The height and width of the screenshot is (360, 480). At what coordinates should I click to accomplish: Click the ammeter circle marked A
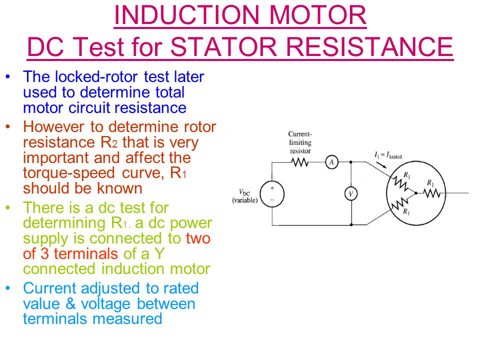[x=331, y=162]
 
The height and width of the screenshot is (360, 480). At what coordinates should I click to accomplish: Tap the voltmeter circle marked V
[x=351, y=193]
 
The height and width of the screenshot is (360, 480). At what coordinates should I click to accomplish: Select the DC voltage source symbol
[x=272, y=194]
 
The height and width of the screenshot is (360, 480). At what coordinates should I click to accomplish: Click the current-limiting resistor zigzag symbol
[x=299, y=162]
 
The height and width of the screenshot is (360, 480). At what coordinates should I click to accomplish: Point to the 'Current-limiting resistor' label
[x=300, y=142]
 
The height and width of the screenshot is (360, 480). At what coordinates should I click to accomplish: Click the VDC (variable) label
[x=245, y=196]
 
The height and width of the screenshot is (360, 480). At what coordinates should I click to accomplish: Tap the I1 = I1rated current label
[x=388, y=155]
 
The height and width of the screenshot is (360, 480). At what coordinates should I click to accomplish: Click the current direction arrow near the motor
[x=381, y=164]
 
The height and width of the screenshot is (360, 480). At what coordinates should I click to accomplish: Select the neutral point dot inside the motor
[x=415, y=193]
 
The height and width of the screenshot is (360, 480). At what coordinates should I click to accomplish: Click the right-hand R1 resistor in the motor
[x=431, y=193]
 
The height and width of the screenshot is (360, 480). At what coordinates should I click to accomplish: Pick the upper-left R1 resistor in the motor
[x=400, y=183]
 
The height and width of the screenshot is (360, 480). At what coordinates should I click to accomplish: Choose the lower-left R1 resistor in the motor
[x=400, y=203]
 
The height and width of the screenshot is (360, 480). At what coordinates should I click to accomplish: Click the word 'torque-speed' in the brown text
[x=69, y=173]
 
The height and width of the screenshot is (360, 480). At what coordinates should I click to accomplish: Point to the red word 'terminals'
[x=86, y=254]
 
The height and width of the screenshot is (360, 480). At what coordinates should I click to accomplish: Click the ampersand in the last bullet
[x=70, y=303]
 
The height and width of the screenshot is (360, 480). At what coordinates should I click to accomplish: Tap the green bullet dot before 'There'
[x=8, y=207]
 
